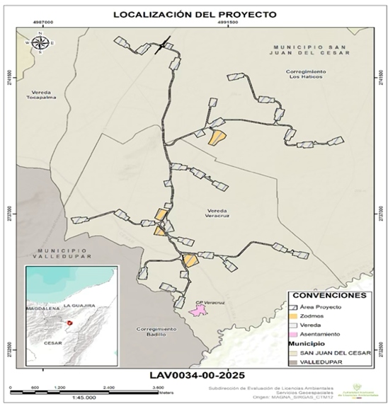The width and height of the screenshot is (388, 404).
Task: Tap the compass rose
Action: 40,42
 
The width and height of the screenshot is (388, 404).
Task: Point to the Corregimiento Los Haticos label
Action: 306,76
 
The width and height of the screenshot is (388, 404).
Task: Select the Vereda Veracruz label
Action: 218,210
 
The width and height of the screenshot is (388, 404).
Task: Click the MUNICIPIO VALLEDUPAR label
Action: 63,253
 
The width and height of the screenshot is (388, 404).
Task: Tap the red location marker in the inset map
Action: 69,323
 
